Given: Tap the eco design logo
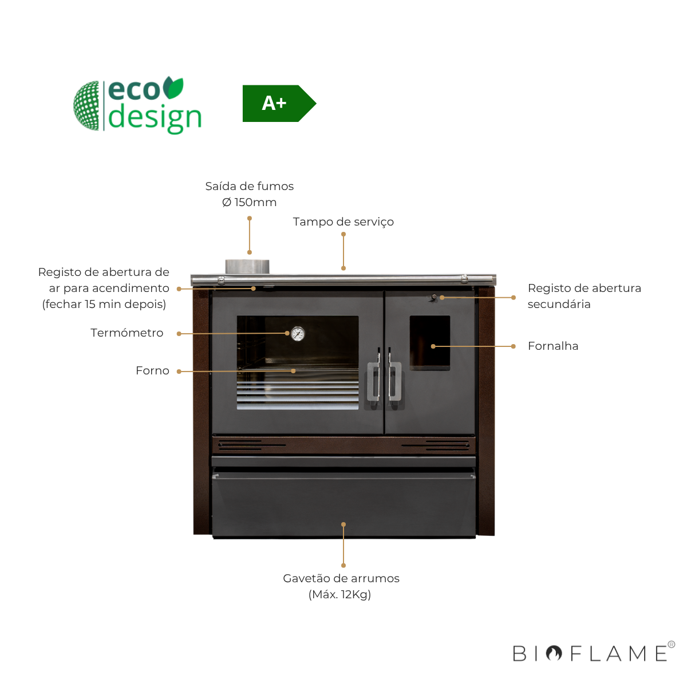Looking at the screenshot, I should pyautogui.click(x=138, y=106).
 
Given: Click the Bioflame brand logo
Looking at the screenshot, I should pyautogui.click(x=593, y=653).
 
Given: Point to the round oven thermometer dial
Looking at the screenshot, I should pyautogui.click(x=298, y=334).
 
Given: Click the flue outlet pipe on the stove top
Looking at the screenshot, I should pyautogui.click(x=247, y=267).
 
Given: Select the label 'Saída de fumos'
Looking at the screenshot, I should pyautogui.click(x=249, y=186).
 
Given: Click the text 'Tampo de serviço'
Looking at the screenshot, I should pyautogui.click(x=343, y=222).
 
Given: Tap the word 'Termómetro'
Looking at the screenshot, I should pyautogui.click(x=127, y=333).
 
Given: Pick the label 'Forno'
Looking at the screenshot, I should pyautogui.click(x=152, y=370).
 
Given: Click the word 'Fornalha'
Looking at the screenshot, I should pyautogui.click(x=553, y=346).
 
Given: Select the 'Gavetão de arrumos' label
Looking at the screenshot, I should pyautogui.click(x=341, y=578).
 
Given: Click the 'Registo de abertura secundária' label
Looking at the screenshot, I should pyautogui.click(x=584, y=296).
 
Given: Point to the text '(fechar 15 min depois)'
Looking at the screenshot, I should pyautogui.click(x=104, y=304).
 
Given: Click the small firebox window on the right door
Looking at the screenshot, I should pyautogui.click(x=430, y=342).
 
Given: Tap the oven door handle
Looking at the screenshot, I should pyautogui.click(x=374, y=381).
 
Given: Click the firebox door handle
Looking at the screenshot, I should pyautogui.click(x=395, y=381).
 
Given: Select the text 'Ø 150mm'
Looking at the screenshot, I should pyautogui.click(x=249, y=202).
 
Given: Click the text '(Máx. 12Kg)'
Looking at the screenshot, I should pyautogui.click(x=340, y=594).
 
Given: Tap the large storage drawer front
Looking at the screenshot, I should pyautogui.click(x=343, y=504).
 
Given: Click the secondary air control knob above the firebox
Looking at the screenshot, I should pyautogui.click(x=435, y=297).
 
